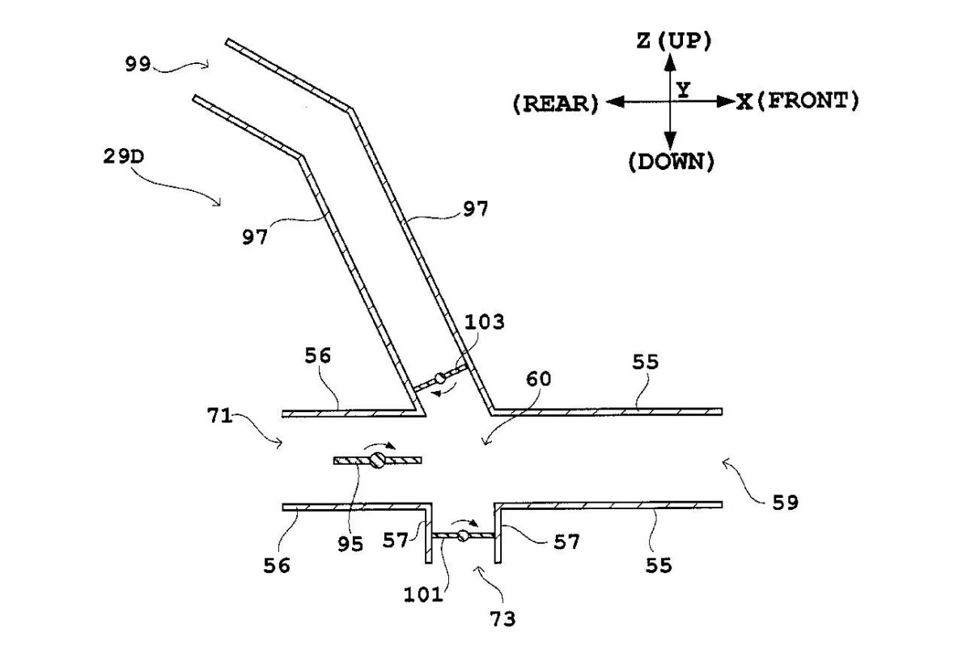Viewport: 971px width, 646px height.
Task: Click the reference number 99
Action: click(138, 65)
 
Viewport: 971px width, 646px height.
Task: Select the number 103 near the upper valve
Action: click(485, 322)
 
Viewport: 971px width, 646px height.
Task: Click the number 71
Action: click(220, 418)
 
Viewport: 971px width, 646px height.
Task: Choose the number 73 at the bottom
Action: click(501, 619)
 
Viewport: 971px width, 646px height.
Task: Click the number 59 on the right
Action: click(784, 503)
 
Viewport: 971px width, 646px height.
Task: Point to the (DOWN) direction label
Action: click(671, 161)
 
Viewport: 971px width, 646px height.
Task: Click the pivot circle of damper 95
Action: click(377, 461)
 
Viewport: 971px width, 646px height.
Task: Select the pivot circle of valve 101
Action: click(463, 535)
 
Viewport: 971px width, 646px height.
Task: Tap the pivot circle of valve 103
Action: click(440, 378)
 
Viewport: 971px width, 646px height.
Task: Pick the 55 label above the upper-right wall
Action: click(645, 363)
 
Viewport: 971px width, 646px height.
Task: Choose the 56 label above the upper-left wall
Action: click(318, 356)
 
